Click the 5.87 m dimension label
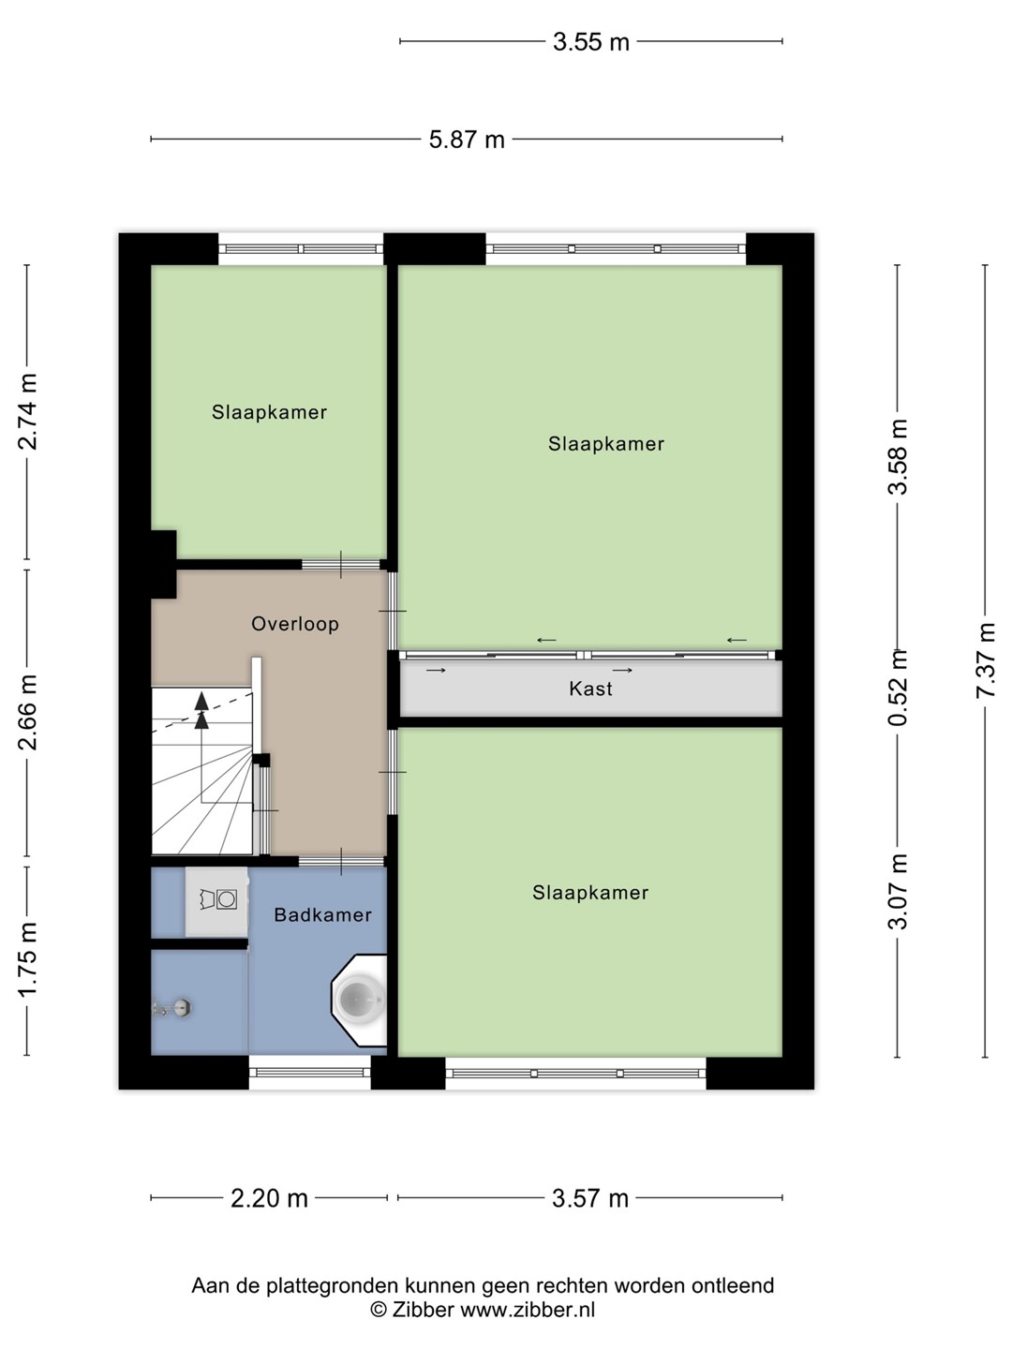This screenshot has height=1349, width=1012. pyautogui.click(x=467, y=141)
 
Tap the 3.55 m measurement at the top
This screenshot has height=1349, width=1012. pyautogui.click(x=591, y=42)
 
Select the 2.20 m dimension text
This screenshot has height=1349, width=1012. pyautogui.click(x=269, y=1198)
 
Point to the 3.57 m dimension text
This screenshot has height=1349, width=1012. pyautogui.click(x=590, y=1198)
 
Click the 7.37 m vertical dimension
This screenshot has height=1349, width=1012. pyautogui.click(x=985, y=660)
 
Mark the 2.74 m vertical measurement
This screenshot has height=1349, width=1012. pyautogui.click(x=28, y=412)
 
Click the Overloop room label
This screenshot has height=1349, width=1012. pyautogui.click(x=295, y=625)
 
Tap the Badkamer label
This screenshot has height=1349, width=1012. pyautogui.click(x=322, y=915)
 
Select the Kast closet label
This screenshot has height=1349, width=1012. pyautogui.click(x=590, y=689)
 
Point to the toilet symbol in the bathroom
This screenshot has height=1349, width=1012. pyautogui.click(x=217, y=899)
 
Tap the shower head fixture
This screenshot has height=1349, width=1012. pyautogui.click(x=173, y=1008)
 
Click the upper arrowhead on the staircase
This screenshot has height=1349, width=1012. pyautogui.click(x=201, y=701)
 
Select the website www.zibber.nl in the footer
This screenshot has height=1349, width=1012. pyautogui.click(x=528, y=1310)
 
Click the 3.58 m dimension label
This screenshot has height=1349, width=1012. pyautogui.click(x=898, y=456)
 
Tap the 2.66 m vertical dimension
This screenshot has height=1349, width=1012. pyautogui.click(x=28, y=713)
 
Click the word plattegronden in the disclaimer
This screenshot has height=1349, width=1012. pyautogui.click(x=333, y=1286)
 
